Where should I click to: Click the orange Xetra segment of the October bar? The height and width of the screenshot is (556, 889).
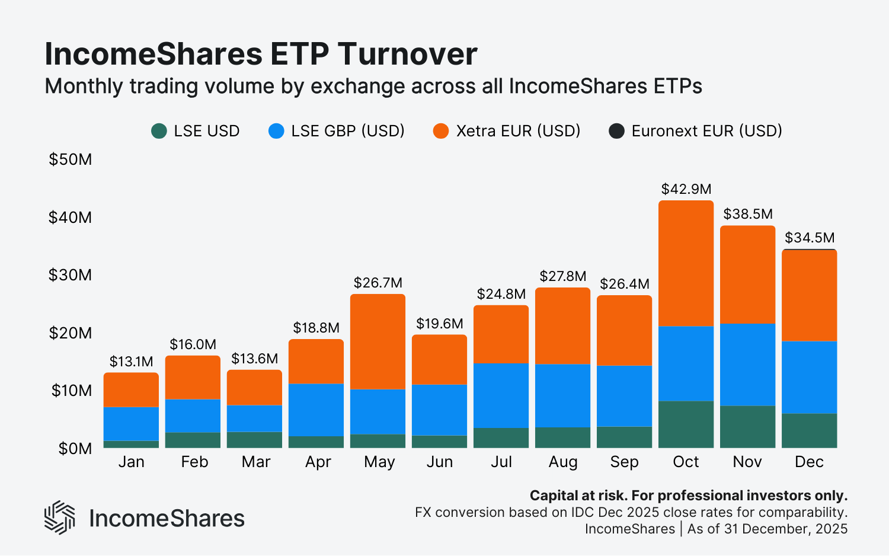pos(686,264)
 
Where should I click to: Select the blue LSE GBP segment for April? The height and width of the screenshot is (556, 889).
pos(316,410)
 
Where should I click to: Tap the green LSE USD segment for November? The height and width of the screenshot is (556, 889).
pos(747,427)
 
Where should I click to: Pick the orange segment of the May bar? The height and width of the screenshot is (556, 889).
pos(378,342)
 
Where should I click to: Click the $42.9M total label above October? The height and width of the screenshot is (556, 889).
pos(686,189)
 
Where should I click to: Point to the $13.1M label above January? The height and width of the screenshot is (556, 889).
pos(131,362)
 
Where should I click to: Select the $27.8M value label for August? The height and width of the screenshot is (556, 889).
pos(562,276)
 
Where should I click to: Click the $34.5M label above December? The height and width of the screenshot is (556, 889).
pos(810,238)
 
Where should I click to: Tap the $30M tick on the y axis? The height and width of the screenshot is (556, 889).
pos(70,275)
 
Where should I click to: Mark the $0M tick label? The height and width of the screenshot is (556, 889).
pos(75,449)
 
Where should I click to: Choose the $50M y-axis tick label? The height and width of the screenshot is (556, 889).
pos(70,159)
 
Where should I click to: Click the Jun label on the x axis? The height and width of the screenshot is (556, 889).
pos(439,462)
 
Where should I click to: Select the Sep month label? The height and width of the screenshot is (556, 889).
pos(624,462)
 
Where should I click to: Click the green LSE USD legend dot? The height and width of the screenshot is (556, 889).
pos(159,131)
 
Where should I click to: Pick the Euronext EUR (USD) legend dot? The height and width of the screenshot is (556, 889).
pos(616,131)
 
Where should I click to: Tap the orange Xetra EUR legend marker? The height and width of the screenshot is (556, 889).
pos(441,131)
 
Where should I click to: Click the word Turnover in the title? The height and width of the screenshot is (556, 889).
pos(407,55)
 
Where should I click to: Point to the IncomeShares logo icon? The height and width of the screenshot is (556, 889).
pos(59,517)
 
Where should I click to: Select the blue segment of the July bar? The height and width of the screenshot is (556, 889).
pos(501,395)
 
